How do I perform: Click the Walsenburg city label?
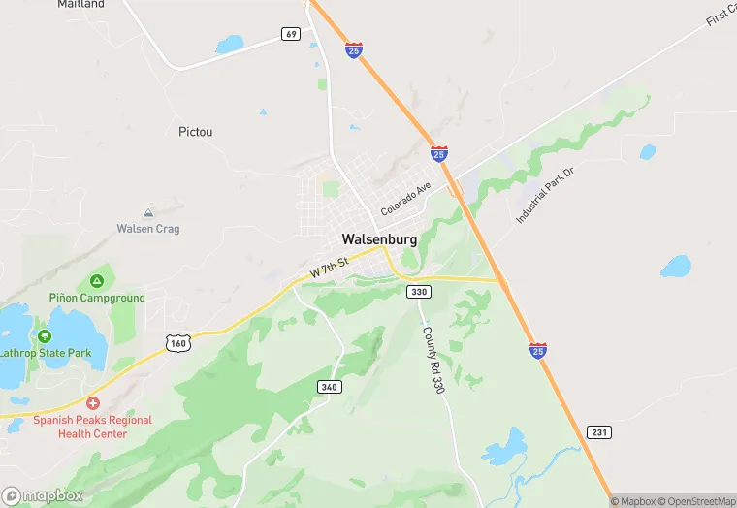(x=379, y=238)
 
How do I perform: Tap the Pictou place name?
(x=196, y=131)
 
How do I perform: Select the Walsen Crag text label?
(x=148, y=229)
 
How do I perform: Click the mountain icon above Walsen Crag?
(x=148, y=212)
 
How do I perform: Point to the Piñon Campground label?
(x=97, y=298)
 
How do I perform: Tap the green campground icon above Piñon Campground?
(x=97, y=281)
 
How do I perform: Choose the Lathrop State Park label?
(x=46, y=353)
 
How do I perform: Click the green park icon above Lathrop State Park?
(x=45, y=335)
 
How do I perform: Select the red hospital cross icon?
(x=93, y=403)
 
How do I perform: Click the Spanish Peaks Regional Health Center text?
(x=93, y=427)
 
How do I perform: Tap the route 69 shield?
(x=291, y=34)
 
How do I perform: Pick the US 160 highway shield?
(x=177, y=343)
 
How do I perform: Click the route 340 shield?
(x=329, y=387)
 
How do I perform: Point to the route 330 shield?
(x=418, y=292)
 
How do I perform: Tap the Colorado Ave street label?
(x=405, y=200)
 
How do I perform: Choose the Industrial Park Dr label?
(x=545, y=196)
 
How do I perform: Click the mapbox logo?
(x=43, y=495)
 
